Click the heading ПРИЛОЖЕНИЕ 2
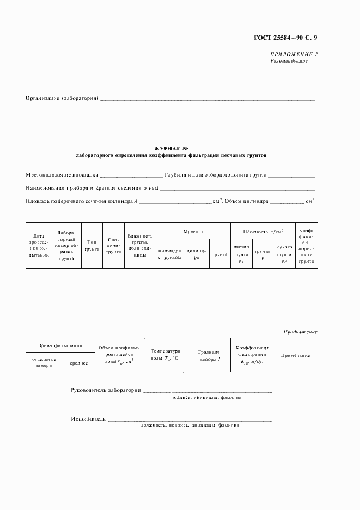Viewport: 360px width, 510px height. coord(294,54)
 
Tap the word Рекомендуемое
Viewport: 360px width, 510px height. coord(289,61)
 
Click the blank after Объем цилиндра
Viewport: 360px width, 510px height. coord(287,202)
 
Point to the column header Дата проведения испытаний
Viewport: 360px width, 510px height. coord(38,245)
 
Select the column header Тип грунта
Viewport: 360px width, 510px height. coord(92,245)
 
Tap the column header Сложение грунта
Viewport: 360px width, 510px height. coord(113,245)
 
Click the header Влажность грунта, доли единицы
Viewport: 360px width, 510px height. coord(140,245)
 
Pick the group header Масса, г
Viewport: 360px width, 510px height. coord(193,231)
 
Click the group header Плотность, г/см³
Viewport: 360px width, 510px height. coord(263,231)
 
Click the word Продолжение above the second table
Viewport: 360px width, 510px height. coord(300,332)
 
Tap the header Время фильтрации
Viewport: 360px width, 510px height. coord(60,345)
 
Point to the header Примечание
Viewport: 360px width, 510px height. coord(295,355)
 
